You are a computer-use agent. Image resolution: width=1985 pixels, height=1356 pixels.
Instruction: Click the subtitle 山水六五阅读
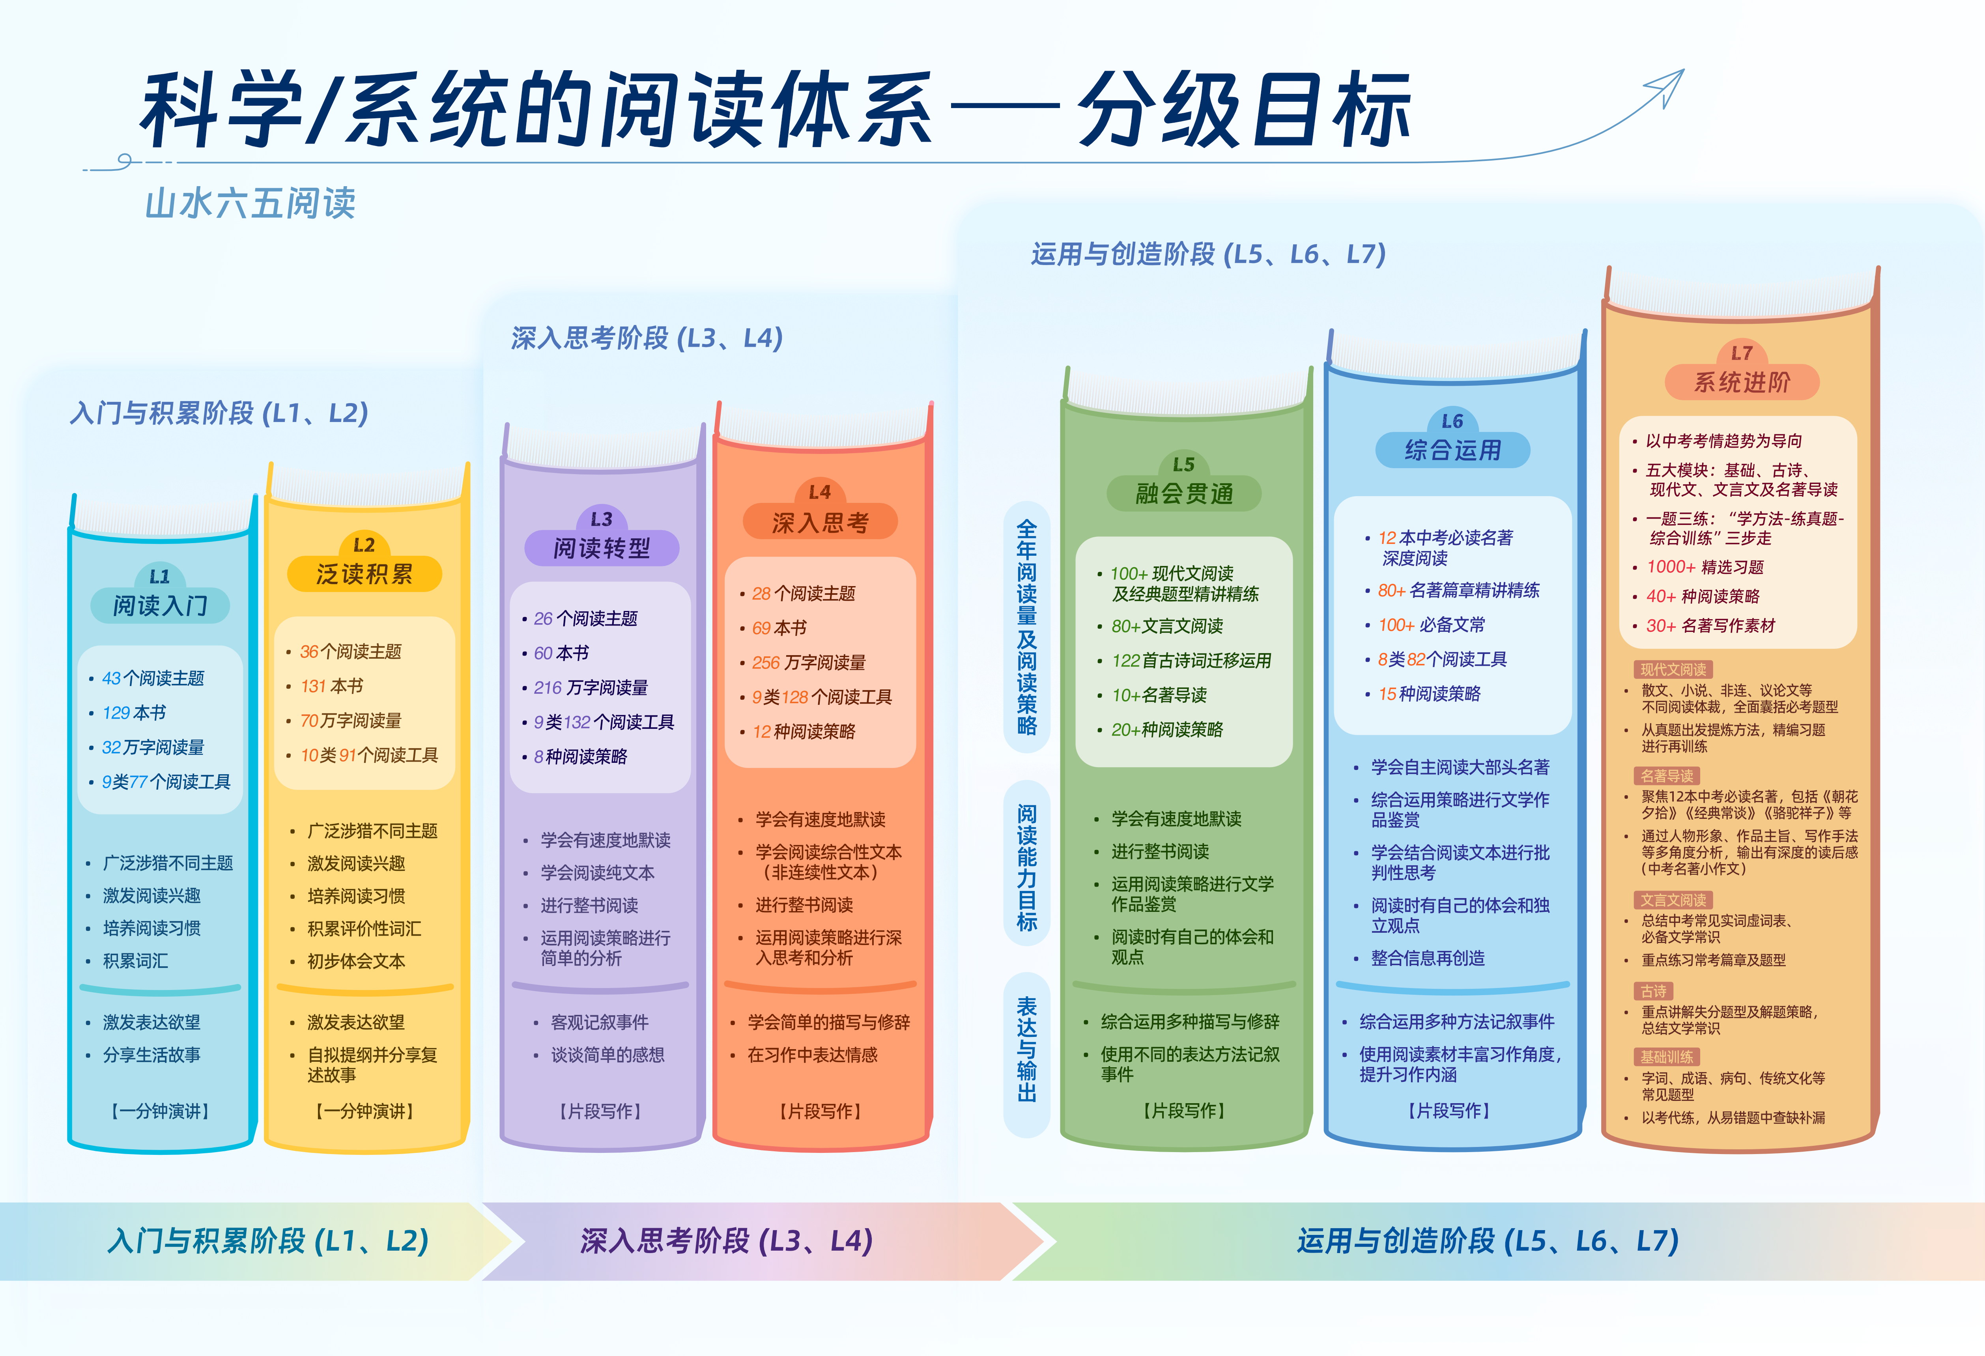coord(250,203)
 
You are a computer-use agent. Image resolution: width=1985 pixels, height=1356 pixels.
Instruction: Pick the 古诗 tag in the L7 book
coord(1654,992)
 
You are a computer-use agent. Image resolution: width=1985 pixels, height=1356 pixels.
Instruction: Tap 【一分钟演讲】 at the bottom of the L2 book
coord(365,1111)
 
